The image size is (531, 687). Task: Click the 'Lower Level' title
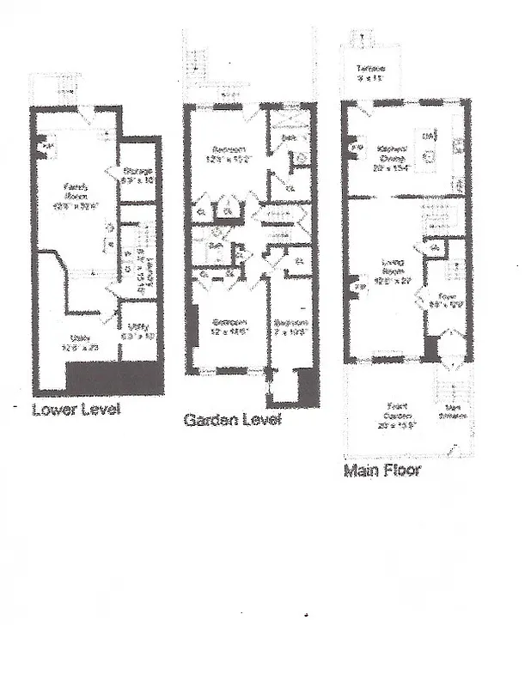tap(76, 409)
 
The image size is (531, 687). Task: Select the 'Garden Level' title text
tap(232, 420)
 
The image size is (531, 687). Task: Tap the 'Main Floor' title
tap(381, 471)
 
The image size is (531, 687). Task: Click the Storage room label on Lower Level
tap(137, 177)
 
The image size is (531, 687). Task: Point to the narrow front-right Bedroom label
tap(290, 327)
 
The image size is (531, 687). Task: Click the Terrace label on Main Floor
tap(370, 72)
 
